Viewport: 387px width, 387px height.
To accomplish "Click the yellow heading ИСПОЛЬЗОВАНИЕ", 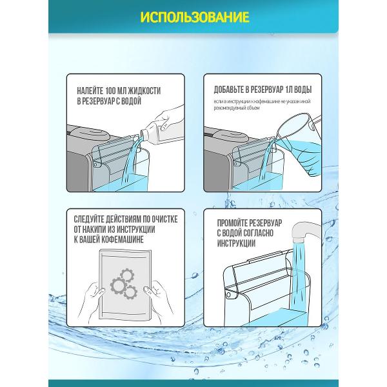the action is pyautogui.click(x=195, y=17).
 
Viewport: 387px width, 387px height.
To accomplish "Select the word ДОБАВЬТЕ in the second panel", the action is pyautogui.click(x=229, y=90).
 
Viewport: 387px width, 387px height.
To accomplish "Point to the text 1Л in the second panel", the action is pyautogui.click(x=287, y=90).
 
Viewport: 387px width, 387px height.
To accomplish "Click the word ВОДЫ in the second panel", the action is pyautogui.click(x=303, y=90).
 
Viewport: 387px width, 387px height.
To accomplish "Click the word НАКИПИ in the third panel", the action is pyautogui.click(x=95, y=230).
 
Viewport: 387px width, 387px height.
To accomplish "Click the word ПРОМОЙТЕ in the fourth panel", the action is pyautogui.click(x=232, y=223).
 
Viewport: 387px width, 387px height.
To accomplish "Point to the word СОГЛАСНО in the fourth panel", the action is pyautogui.click(x=258, y=233).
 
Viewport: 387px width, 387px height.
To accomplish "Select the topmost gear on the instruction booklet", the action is pyautogui.click(x=127, y=275).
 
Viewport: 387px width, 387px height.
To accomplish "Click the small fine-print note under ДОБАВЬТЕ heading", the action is pyautogui.click(x=262, y=104).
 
